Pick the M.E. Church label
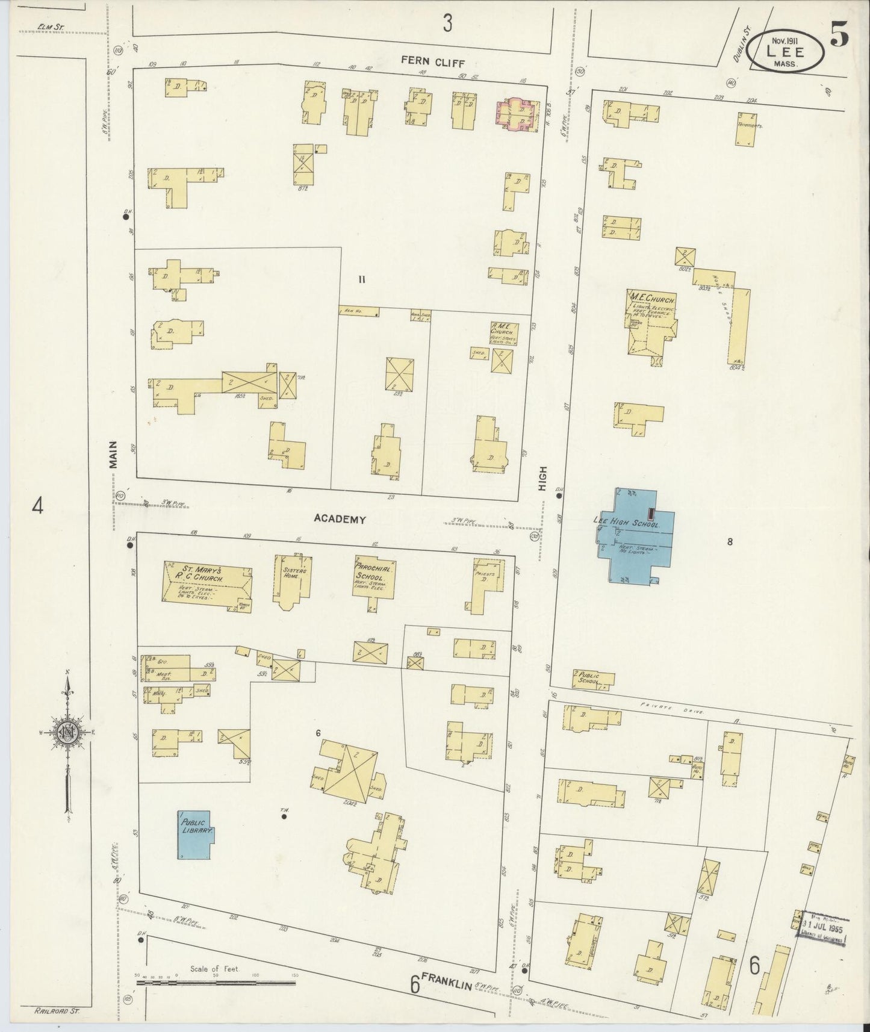click(x=652, y=299)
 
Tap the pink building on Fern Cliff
click(x=516, y=115)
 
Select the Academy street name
click(x=339, y=519)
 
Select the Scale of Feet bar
click(x=216, y=983)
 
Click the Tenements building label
click(x=749, y=126)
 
